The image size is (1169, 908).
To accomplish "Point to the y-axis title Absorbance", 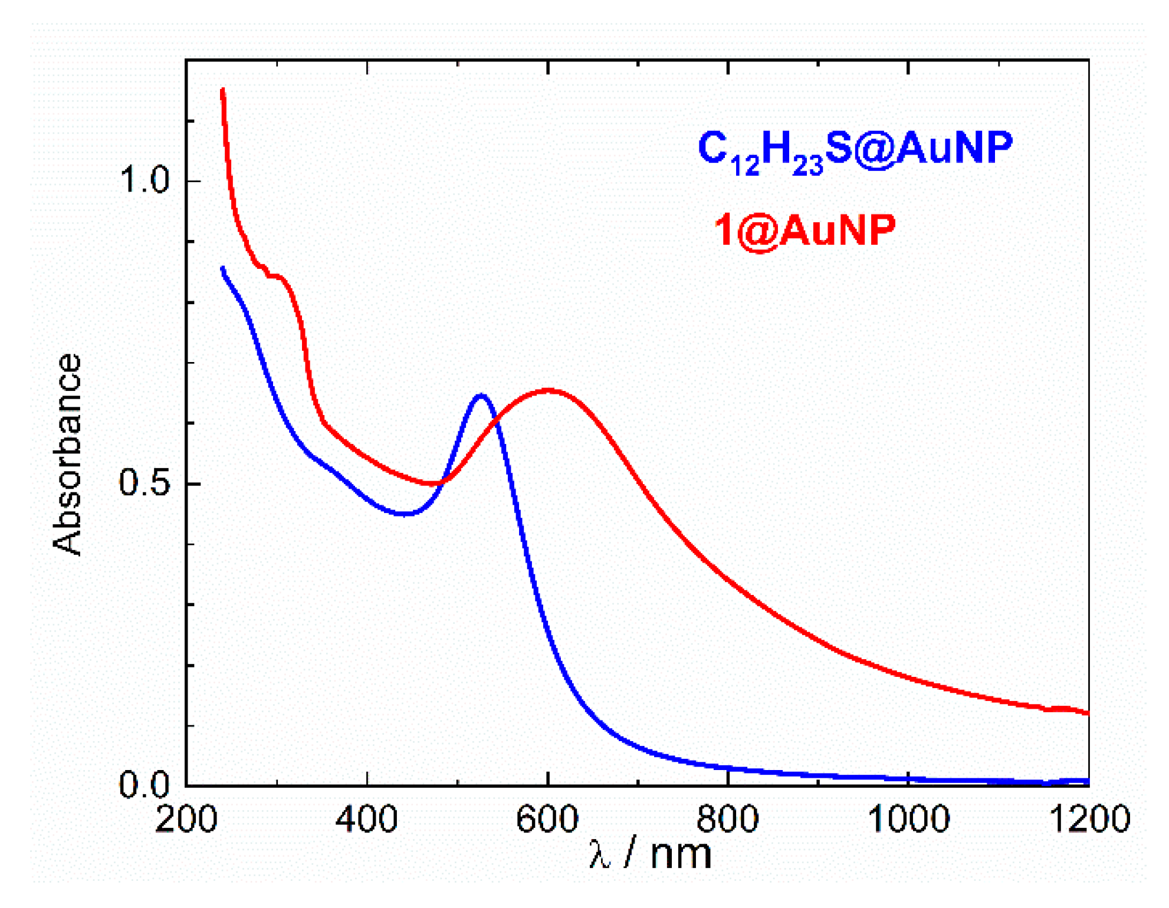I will click(67, 454).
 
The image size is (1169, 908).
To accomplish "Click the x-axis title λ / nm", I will click(650, 854).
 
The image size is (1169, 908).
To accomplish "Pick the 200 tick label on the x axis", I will click(186, 820).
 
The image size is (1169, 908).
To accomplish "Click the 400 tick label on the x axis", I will click(366, 820).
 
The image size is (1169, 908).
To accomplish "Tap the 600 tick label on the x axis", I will click(547, 820).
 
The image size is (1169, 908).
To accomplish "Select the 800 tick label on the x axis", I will click(728, 820).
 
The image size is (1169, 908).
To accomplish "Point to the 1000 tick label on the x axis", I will click(908, 820).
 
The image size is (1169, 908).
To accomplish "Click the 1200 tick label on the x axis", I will click(1090, 820).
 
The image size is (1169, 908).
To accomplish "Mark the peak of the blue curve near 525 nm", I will click(482, 396).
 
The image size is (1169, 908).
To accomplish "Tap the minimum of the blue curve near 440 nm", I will click(403, 514).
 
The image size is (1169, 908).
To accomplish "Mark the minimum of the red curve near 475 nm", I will click(435, 483).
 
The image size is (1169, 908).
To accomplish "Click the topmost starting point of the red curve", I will click(222, 90).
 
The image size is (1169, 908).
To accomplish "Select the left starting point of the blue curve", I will click(222, 269).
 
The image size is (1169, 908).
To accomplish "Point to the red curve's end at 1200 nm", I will click(1087, 713).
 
